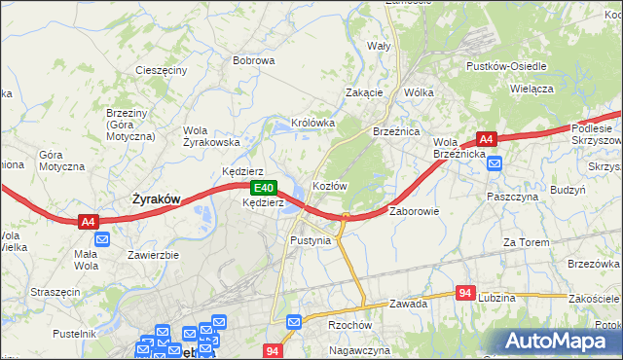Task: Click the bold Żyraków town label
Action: [x=156, y=198]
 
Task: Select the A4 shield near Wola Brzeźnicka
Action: [x=487, y=138]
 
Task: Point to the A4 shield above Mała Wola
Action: [x=88, y=222]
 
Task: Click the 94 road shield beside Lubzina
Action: [x=466, y=292]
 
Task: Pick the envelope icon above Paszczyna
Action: [x=495, y=163]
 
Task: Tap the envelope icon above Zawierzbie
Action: [x=103, y=238]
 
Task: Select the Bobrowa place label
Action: [x=254, y=60]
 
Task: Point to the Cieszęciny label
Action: [x=162, y=71]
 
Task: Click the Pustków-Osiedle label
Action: [x=506, y=66]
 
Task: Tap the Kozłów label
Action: [x=330, y=185]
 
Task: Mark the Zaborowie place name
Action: [x=415, y=211]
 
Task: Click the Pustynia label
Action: [x=311, y=239]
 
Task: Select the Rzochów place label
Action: [x=350, y=326]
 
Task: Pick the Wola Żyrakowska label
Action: [x=211, y=136]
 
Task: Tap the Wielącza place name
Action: [x=531, y=88]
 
